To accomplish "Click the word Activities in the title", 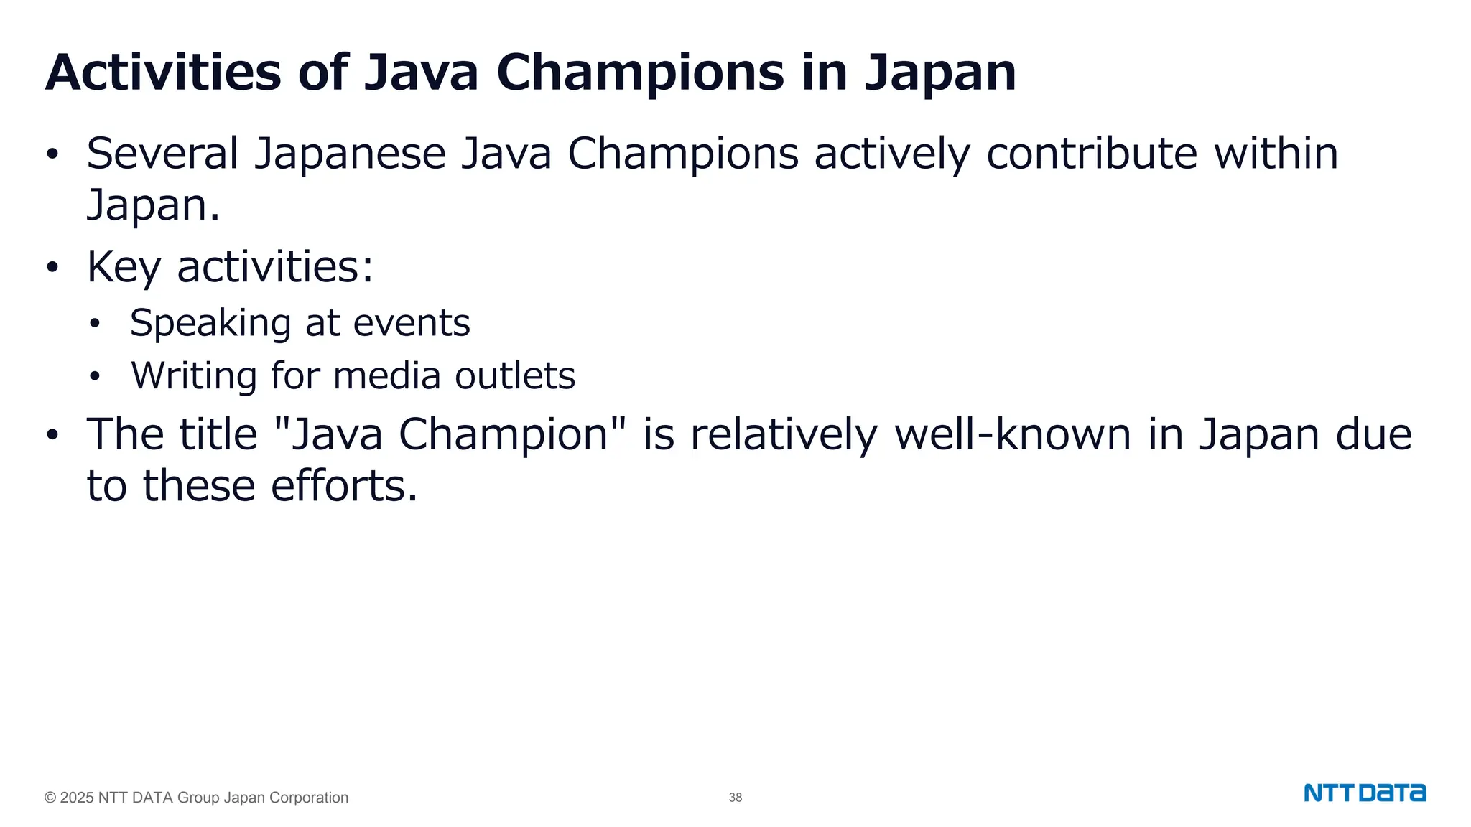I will pyautogui.click(x=163, y=73).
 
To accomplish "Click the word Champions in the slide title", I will pyautogui.click(x=639, y=73).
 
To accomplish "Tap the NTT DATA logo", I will pyautogui.click(x=1365, y=793).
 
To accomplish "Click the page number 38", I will pyautogui.click(x=735, y=798).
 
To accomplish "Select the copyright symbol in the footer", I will pyautogui.click(x=50, y=798).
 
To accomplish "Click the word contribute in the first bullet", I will pyautogui.click(x=1091, y=154).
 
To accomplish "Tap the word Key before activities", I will pyautogui.click(x=124, y=267).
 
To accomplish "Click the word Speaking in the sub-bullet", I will pyautogui.click(x=210, y=323).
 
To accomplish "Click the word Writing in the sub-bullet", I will pyautogui.click(x=194, y=375).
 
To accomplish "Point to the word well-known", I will pyautogui.click(x=1013, y=434).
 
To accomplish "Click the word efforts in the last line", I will pyautogui.click(x=344, y=486).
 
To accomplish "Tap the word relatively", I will pyautogui.click(x=784, y=434).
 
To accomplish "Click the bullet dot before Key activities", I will pyautogui.click(x=52, y=267).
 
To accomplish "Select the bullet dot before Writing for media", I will pyautogui.click(x=95, y=376).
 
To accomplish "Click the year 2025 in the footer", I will pyautogui.click(x=77, y=798).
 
